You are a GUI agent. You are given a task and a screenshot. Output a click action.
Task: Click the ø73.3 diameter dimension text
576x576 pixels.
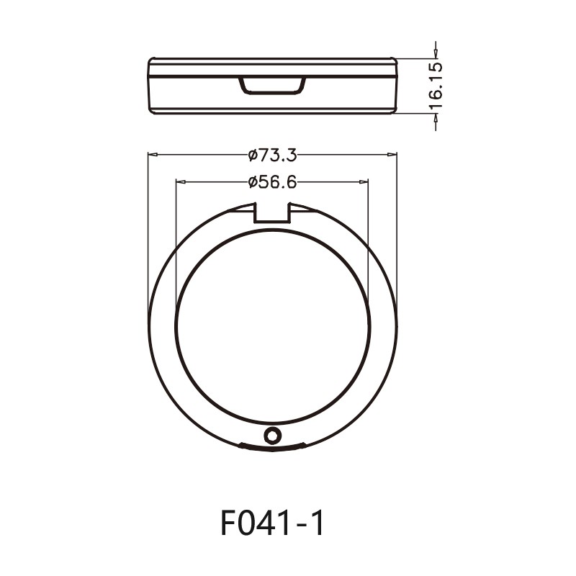tap(272, 155)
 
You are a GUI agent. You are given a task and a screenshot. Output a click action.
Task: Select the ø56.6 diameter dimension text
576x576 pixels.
tap(272, 182)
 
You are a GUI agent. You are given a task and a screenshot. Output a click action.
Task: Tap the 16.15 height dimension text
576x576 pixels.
tap(436, 86)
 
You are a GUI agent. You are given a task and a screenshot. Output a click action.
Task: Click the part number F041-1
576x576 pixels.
tap(272, 523)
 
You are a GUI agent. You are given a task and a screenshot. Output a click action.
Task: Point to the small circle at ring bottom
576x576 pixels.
tap(272, 435)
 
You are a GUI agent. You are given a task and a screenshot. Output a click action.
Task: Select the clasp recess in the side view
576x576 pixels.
tap(272, 86)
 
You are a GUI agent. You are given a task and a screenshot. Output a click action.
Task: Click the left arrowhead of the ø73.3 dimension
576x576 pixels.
tap(152, 154)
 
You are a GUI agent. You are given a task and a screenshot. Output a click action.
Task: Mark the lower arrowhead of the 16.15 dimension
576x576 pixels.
tap(435, 117)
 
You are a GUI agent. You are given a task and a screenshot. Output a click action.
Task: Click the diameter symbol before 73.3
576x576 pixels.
tap(252, 155)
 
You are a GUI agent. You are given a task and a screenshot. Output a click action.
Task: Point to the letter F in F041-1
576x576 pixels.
tap(230, 523)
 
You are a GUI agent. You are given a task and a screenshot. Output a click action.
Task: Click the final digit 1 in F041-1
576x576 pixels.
tap(317, 523)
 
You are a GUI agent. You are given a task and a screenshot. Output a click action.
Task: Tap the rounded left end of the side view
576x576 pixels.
tap(150, 86)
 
